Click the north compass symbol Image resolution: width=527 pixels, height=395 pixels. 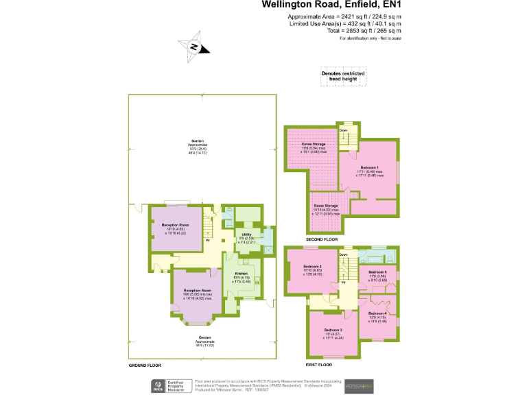click(x=194, y=47)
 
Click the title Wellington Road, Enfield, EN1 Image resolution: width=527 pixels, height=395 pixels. click(x=331, y=6)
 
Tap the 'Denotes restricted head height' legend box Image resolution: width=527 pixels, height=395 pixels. click(x=342, y=75)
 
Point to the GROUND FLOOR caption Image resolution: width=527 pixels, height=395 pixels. click(x=145, y=366)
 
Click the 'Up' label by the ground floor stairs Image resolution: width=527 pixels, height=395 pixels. click(x=207, y=241)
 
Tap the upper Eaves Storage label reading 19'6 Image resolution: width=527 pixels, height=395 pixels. click(x=314, y=143)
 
